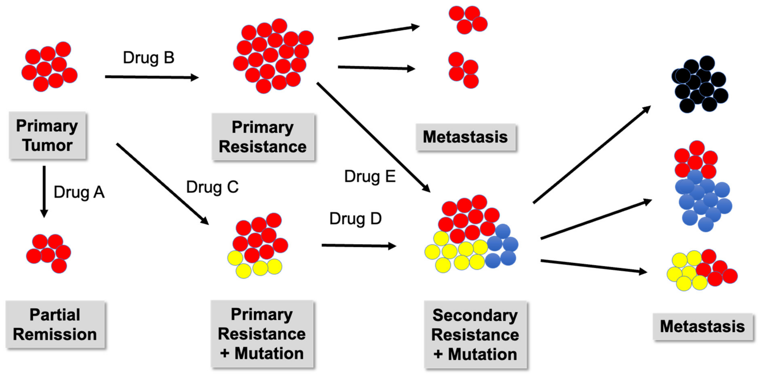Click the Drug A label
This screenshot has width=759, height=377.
pos(79,193)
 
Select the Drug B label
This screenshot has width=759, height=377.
pos(148,58)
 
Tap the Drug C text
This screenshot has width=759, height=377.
pos(212,187)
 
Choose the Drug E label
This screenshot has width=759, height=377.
pos(370,177)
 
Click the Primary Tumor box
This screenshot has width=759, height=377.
pos(47,135)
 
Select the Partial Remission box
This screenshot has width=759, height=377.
pos(55,324)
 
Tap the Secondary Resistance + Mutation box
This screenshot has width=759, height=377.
pos(475,335)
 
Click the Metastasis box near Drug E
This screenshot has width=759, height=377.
pos(466,137)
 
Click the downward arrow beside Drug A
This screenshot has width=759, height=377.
pos(44,191)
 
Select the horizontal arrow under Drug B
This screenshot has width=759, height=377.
pos(152,77)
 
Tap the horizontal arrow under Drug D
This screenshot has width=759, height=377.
pos(359,246)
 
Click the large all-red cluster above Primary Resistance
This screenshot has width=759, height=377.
pos(273,56)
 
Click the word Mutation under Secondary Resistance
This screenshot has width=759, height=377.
pos(482,354)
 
